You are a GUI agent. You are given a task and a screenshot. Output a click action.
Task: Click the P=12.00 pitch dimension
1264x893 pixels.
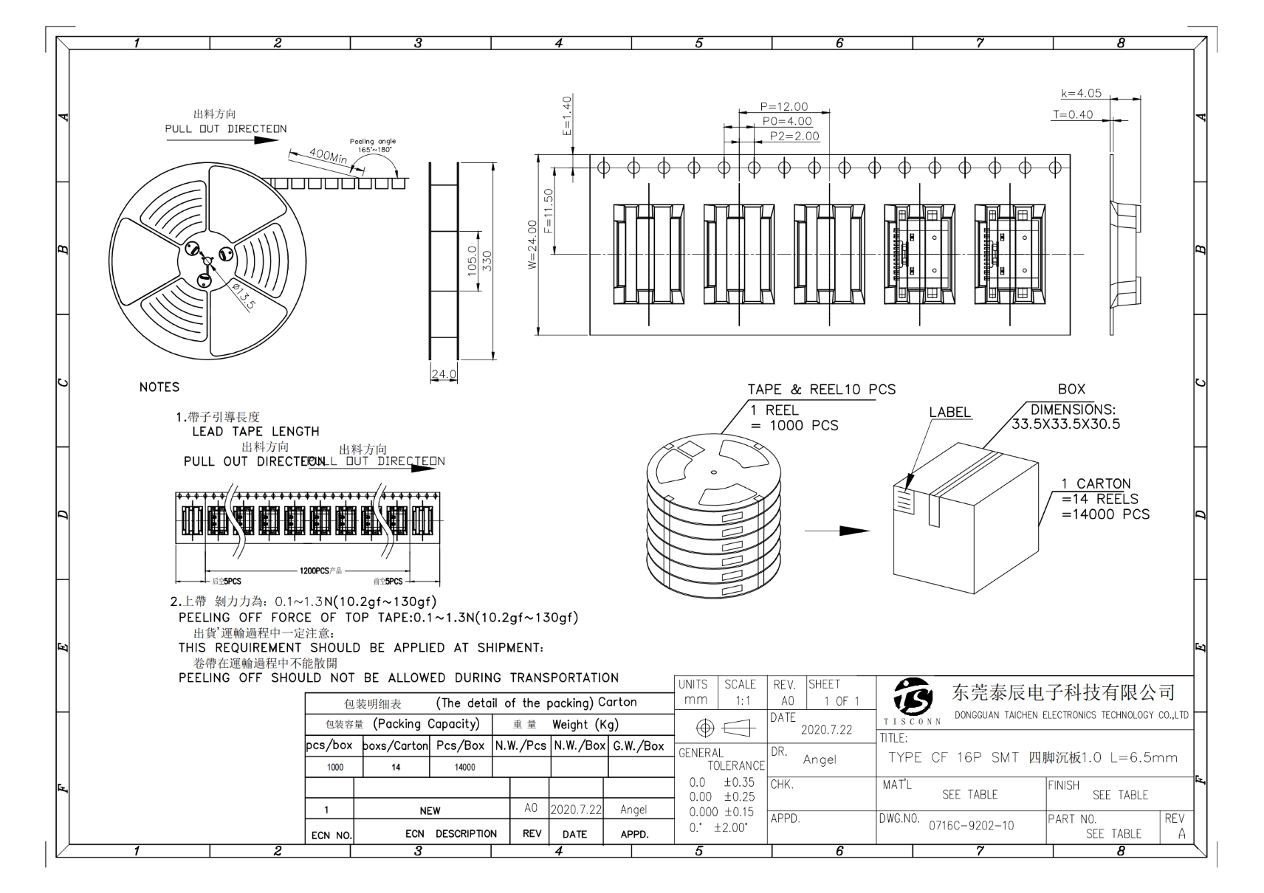click(x=784, y=107)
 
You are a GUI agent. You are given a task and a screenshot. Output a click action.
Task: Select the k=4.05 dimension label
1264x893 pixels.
click(x=1081, y=94)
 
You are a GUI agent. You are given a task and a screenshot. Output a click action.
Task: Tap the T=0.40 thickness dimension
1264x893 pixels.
click(x=1073, y=114)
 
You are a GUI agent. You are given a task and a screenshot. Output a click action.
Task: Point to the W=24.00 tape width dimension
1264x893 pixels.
click(x=532, y=244)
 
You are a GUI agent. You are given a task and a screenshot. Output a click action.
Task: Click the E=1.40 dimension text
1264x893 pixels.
click(x=567, y=116)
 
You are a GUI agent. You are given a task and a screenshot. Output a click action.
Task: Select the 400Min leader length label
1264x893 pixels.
click(x=328, y=156)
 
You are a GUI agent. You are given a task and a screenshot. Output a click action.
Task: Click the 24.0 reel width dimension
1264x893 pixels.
click(x=444, y=374)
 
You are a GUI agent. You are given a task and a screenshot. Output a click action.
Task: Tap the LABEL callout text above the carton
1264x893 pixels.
click(x=949, y=413)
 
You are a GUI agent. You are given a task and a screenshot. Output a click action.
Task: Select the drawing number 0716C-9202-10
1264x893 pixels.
click(x=971, y=826)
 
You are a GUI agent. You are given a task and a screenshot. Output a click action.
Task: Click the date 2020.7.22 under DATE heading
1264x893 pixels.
click(x=826, y=730)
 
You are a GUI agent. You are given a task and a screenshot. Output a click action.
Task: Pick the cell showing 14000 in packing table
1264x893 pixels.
click(x=464, y=768)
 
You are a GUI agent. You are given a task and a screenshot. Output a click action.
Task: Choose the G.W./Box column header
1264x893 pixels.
click(x=639, y=746)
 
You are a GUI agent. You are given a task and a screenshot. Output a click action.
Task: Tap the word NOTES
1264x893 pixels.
click(x=159, y=387)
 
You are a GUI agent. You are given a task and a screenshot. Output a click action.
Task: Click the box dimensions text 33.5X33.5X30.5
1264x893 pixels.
click(x=1065, y=424)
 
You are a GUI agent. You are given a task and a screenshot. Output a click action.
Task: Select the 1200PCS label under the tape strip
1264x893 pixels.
click(x=320, y=570)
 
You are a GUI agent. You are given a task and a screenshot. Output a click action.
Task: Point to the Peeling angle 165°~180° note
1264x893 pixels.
click(x=372, y=145)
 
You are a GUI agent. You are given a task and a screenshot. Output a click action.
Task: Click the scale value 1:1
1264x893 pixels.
click(x=742, y=700)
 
